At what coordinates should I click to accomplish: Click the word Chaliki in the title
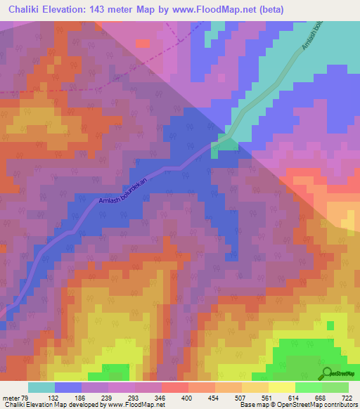tap(28, 10)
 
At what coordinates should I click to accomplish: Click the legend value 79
tap(27, 397)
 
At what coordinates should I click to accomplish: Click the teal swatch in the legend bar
tap(41, 387)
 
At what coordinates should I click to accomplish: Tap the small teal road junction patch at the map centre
tap(226, 142)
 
